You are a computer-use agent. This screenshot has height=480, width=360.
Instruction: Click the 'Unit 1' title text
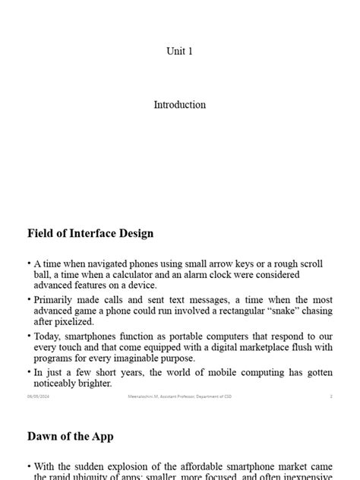[x=180, y=51]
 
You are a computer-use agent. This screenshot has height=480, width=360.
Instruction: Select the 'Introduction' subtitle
[x=180, y=105]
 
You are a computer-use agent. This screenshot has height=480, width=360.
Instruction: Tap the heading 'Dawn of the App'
[x=71, y=436]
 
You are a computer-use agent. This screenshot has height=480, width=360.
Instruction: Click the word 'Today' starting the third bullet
[x=48, y=336]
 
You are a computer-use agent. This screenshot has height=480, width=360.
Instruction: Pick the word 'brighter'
[x=90, y=384]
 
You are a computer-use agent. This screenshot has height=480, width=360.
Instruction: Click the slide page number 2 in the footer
[x=331, y=396]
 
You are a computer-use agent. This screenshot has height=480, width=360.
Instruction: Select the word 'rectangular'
[x=227, y=311]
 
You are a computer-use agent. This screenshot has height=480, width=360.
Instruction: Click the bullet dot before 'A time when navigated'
[x=29, y=263]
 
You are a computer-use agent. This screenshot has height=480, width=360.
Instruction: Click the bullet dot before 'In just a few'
[x=29, y=372]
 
